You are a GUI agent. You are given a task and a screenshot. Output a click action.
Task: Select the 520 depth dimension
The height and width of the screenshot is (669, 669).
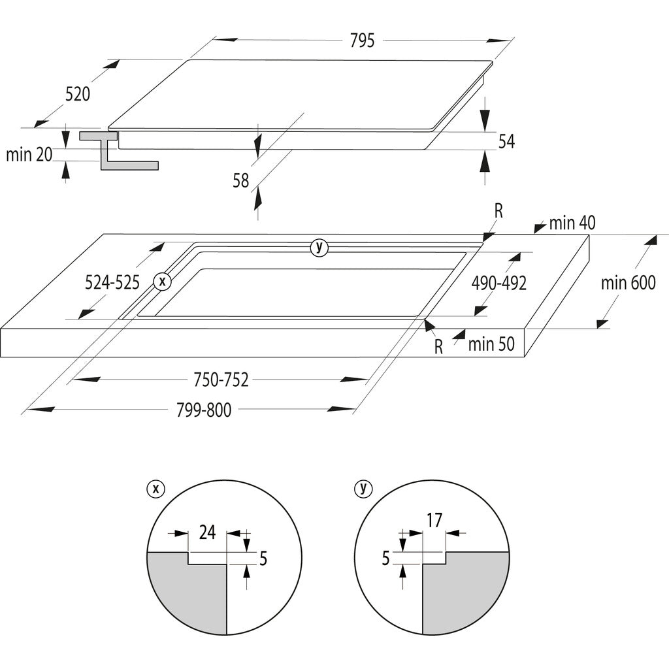pyautogui.click(x=77, y=94)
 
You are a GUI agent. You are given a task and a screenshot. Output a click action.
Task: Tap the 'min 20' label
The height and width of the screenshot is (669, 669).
pyautogui.click(x=29, y=155)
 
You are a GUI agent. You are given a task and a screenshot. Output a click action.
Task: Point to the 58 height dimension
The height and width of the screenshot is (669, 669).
pyautogui.click(x=241, y=180)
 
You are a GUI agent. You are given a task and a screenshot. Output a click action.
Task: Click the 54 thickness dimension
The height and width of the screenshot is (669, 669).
pyautogui.click(x=506, y=141)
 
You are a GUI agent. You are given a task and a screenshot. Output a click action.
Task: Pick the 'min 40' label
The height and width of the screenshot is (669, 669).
pyautogui.click(x=572, y=223)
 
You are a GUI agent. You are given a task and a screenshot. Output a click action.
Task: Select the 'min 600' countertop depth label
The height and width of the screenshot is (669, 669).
pyautogui.click(x=628, y=282)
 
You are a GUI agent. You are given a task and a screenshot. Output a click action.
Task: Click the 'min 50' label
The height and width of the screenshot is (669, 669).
pyautogui.click(x=491, y=344)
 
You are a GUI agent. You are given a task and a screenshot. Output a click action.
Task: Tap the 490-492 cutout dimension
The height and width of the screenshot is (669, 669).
pyautogui.click(x=499, y=283)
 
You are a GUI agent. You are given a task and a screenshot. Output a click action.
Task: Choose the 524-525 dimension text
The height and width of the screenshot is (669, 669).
pyautogui.click(x=112, y=283)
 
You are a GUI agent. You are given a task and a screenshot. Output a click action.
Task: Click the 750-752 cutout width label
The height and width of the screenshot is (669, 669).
pyautogui.click(x=221, y=380)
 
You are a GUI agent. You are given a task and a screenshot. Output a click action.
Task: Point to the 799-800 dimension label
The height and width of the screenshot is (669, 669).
pyautogui.click(x=204, y=410)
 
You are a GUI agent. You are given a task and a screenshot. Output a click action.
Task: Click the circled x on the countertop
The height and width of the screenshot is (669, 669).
pyautogui.click(x=162, y=282)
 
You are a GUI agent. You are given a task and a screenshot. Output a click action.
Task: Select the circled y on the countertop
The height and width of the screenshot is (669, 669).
pyautogui.click(x=319, y=247)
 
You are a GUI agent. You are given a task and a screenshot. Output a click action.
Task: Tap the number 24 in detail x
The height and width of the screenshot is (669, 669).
pyautogui.click(x=207, y=532)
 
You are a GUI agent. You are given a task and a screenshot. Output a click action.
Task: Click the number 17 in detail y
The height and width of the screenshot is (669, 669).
pyautogui.click(x=434, y=521)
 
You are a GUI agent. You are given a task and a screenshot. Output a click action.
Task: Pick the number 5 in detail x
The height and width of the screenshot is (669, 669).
pyautogui.click(x=263, y=559)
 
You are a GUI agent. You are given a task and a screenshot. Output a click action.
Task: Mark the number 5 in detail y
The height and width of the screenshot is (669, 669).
pyautogui.click(x=386, y=558)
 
